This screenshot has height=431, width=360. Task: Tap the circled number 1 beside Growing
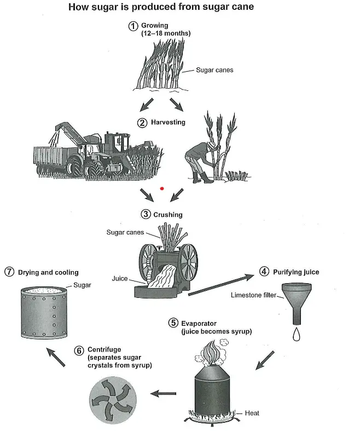point(132,26)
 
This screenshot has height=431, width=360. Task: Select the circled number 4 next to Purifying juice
point(263,272)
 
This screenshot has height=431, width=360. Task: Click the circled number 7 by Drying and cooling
point(9,272)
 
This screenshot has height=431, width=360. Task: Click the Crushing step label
point(167,214)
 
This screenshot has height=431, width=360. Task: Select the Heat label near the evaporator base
point(252,413)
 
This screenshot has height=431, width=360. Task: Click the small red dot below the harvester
point(162,188)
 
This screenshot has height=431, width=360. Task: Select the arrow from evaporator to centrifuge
point(164,393)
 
